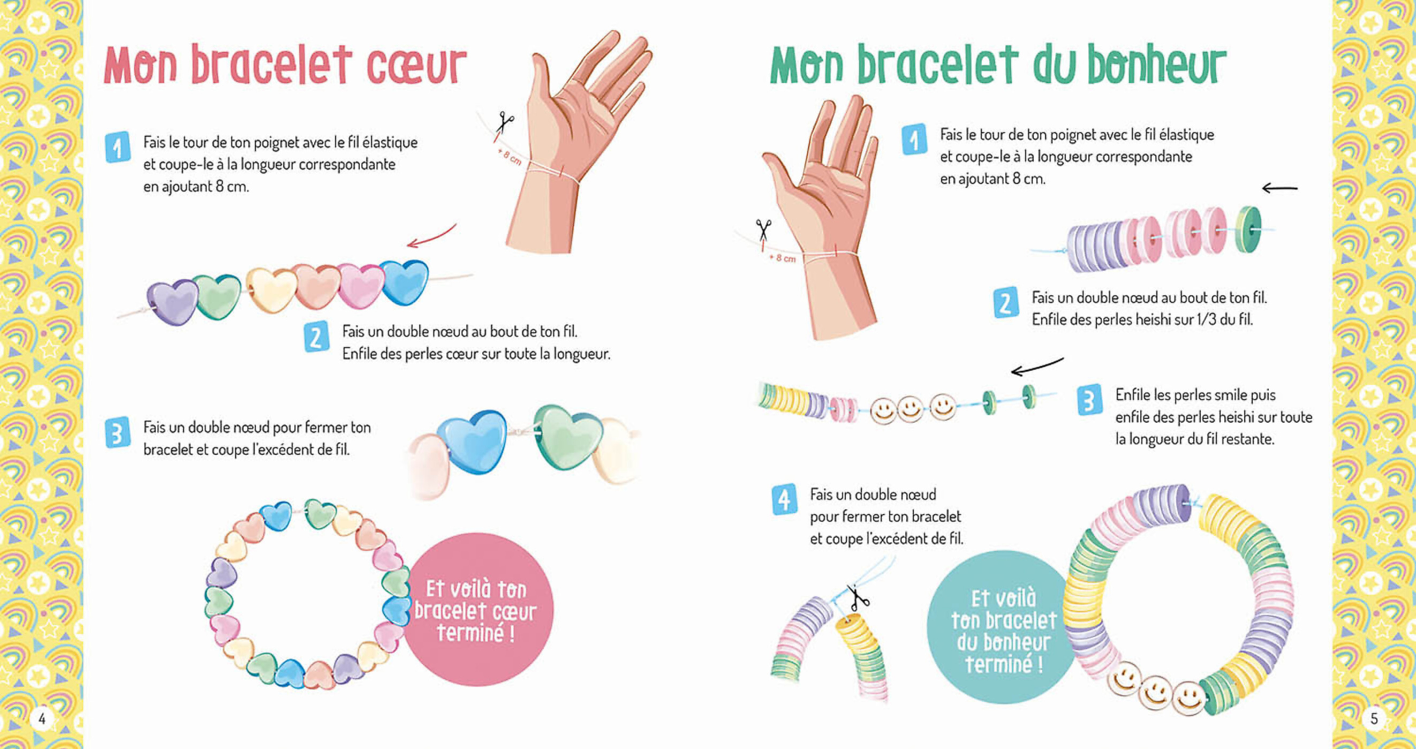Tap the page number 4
(x=42, y=718)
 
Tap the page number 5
(x=1374, y=718)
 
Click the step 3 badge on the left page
(x=117, y=432)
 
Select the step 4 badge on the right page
(x=784, y=499)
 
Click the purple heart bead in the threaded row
(x=173, y=302)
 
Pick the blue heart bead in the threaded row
(x=405, y=281)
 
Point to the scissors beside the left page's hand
(x=505, y=123)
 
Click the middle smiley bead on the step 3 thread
(x=910, y=409)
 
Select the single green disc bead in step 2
(x=1249, y=229)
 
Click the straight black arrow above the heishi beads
(x=1279, y=188)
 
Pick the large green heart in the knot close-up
(x=568, y=436)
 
